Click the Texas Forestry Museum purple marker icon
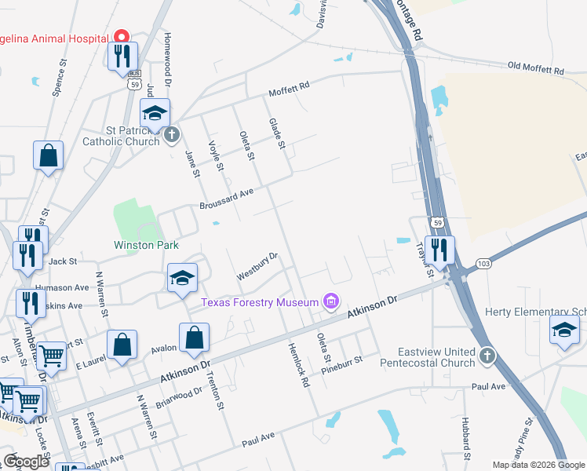pos(331,301)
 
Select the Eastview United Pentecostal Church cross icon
pos(487,356)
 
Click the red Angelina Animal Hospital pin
pos(122,36)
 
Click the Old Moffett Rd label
pos(536,69)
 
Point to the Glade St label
pos(276,131)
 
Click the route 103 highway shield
pos(483,264)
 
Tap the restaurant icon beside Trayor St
pos(439,250)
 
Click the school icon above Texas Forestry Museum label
pos(182,277)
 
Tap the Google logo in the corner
pos(27,462)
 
